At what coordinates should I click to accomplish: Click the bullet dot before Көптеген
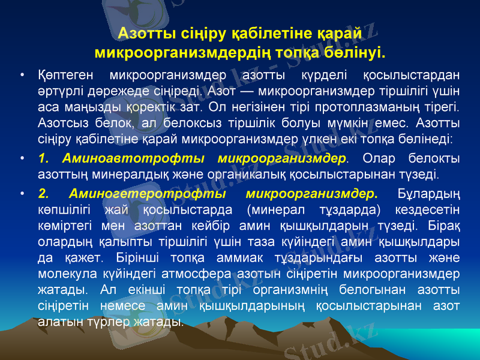click(x=22, y=76)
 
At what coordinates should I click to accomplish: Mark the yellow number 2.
click(x=44, y=194)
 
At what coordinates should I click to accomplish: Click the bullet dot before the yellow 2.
click(x=22, y=194)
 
